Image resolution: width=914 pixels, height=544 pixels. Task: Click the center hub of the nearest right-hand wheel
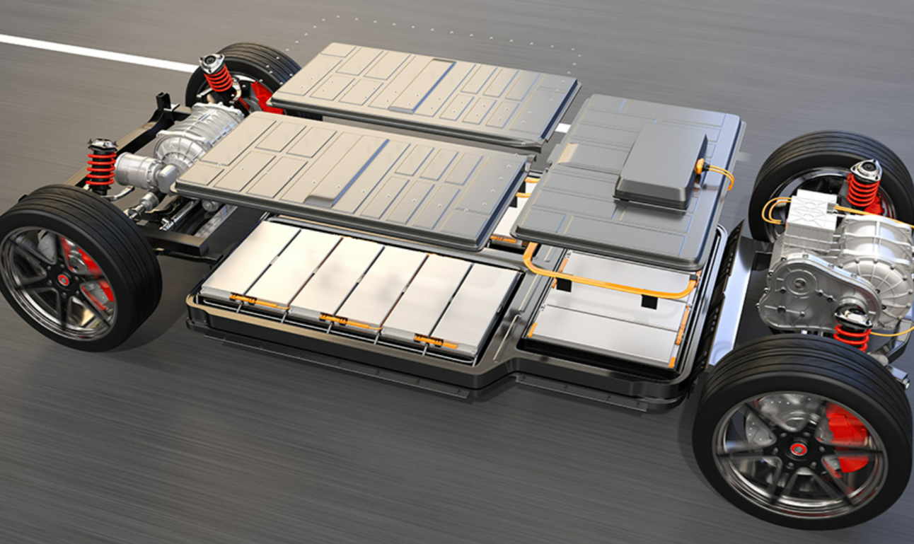[x=798, y=448]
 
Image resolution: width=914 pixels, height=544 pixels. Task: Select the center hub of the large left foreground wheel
[x=64, y=279]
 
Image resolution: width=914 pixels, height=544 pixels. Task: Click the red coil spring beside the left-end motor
[x=101, y=166]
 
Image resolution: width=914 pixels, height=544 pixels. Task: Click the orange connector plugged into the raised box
[x=701, y=167]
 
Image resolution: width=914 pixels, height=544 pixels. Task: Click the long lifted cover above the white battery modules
[x=354, y=177]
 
